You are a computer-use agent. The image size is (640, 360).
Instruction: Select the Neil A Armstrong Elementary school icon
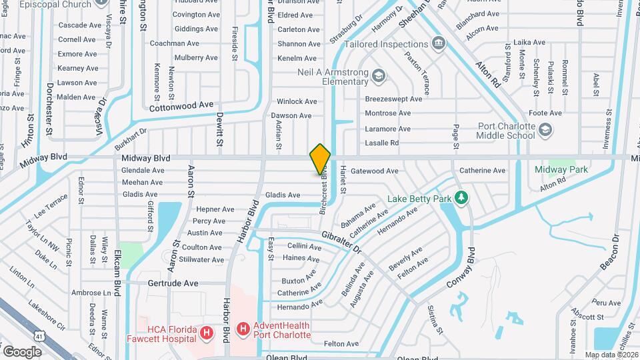tap(379, 75)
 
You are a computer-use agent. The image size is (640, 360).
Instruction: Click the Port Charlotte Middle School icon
tap(546, 129)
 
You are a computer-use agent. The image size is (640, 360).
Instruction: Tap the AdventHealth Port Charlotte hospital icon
tap(243, 329)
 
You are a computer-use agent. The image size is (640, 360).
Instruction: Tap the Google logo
tap(23, 351)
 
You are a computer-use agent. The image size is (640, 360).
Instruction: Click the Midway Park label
tap(561, 169)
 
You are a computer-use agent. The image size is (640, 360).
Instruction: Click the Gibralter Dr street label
tap(341, 243)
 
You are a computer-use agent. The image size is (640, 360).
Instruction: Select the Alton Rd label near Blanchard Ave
tap(487, 75)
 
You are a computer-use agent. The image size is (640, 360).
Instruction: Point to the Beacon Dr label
tap(611, 254)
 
